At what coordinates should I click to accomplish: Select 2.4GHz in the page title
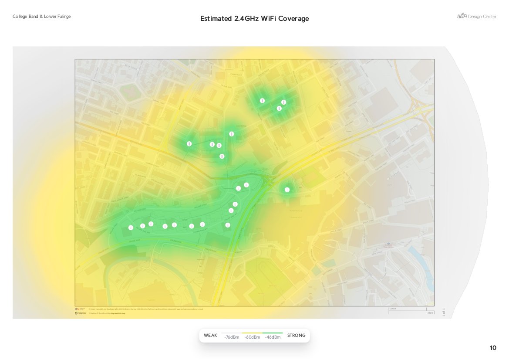pyautogui.click(x=246, y=19)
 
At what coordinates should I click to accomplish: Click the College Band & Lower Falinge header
pyautogui.click(x=42, y=17)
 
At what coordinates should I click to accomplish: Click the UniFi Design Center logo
pyautogui.click(x=476, y=17)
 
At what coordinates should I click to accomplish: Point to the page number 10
pyautogui.click(x=493, y=348)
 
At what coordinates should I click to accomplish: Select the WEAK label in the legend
pyautogui.click(x=210, y=336)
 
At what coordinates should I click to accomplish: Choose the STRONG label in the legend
pyautogui.click(x=297, y=336)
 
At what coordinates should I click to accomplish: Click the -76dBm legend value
pyautogui.click(x=232, y=337)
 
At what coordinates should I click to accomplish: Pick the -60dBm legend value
pyautogui.click(x=252, y=337)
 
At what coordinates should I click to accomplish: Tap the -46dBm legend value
pyautogui.click(x=273, y=337)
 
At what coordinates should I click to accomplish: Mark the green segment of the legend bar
pyautogui.click(x=273, y=333)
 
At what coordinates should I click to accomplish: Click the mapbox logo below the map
pyautogui.click(x=81, y=313)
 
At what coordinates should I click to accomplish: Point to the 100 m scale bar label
pyautogui.click(x=393, y=309)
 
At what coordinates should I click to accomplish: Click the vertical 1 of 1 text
pyautogui.click(x=444, y=312)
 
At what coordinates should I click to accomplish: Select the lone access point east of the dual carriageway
pyautogui.click(x=287, y=190)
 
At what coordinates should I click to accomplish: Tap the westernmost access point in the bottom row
pyautogui.click(x=131, y=228)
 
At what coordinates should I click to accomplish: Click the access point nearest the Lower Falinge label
pyautogui.click(x=232, y=134)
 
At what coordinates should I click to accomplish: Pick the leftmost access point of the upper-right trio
pyautogui.click(x=262, y=101)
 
